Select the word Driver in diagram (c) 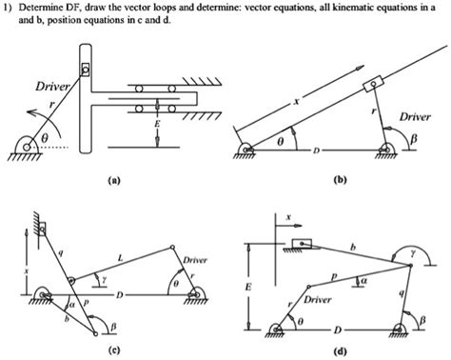pyautogui.click(x=195, y=259)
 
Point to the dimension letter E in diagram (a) pyautogui.click(x=159, y=124)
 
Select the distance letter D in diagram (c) pyautogui.click(x=119, y=295)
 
